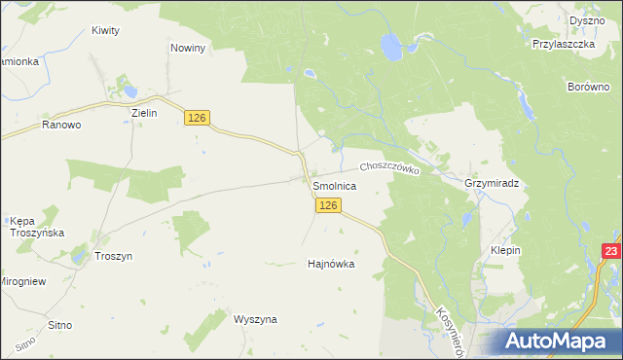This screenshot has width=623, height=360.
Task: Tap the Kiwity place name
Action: pyautogui.click(x=105, y=30)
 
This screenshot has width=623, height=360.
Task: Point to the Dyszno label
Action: pyautogui.click(x=587, y=20)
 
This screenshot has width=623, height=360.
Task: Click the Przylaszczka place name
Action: pyautogui.click(x=564, y=44)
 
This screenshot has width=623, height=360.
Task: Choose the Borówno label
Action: pyautogui.click(x=587, y=87)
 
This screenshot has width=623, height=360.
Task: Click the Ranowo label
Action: pyautogui.click(x=60, y=126)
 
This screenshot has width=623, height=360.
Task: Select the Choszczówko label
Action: pyautogui.click(x=389, y=168)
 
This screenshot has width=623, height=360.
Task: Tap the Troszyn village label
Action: pyautogui.click(x=114, y=256)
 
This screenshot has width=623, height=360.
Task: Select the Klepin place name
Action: pyautogui.click(x=506, y=250)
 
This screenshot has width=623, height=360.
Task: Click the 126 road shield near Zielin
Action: pyautogui.click(x=198, y=118)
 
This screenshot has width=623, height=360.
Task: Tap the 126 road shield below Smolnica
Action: pyautogui.click(x=328, y=205)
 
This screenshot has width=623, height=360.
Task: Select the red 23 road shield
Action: pyautogui.click(x=610, y=252)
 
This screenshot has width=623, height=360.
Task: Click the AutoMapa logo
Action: pyautogui.click(x=559, y=341)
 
